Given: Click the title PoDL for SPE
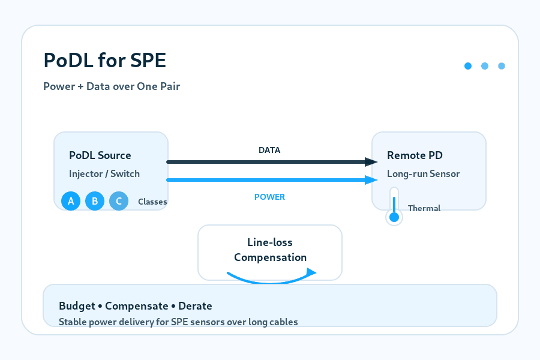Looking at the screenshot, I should [x=104, y=61].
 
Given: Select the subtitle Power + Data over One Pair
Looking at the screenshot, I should [x=112, y=86].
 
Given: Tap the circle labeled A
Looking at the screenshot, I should [x=71, y=201].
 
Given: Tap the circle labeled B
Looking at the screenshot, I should [x=95, y=201].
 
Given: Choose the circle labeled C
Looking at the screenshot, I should [x=119, y=201].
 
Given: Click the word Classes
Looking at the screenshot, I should [x=152, y=202].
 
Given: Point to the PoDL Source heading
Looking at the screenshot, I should [x=100, y=155].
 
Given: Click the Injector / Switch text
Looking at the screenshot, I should [x=104, y=174].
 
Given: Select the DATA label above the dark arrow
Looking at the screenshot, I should [x=269, y=150].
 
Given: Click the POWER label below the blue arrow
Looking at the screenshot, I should [x=269, y=197].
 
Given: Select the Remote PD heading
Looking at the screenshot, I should [x=415, y=155].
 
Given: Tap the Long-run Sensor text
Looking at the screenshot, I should [x=423, y=174].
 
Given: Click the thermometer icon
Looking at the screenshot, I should [x=394, y=207].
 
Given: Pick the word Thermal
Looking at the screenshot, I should [x=424, y=208].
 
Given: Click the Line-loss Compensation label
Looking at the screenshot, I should [x=270, y=250].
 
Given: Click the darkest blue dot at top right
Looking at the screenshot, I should [x=468, y=66].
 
